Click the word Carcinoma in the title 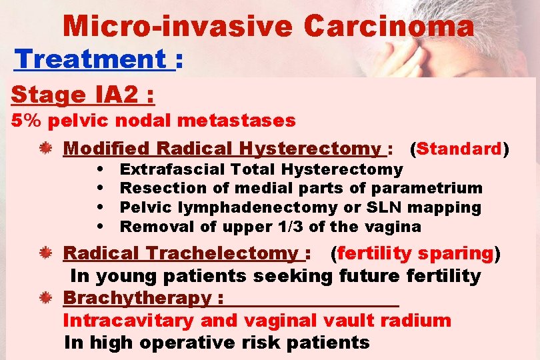click(x=389, y=27)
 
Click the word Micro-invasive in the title click(x=178, y=27)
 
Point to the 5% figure click(x=25, y=121)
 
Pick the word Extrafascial click(x=170, y=169)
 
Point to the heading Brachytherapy click(x=136, y=298)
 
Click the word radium click(x=421, y=321)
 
